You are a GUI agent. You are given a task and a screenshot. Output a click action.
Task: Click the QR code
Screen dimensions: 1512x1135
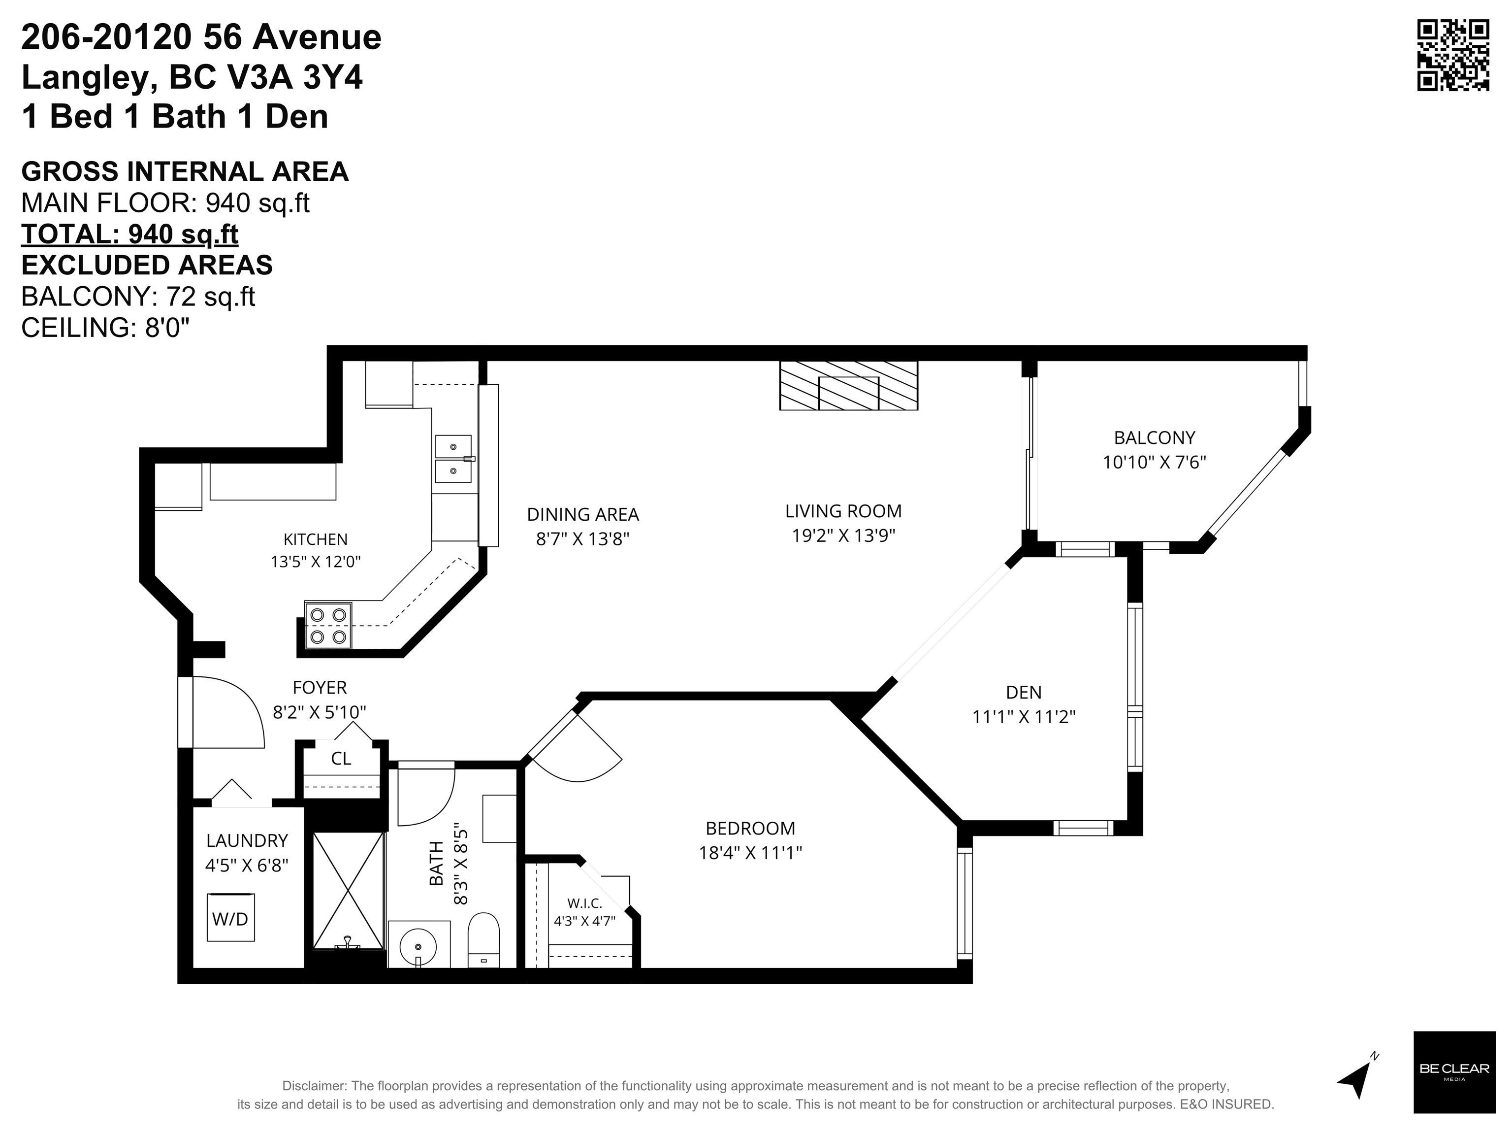[x=1452, y=55]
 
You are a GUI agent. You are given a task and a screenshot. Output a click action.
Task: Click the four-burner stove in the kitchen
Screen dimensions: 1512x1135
[x=327, y=626]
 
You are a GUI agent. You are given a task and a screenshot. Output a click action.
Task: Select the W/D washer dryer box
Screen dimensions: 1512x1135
[x=231, y=918]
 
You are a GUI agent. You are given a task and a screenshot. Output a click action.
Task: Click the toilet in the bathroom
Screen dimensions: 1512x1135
[x=483, y=939]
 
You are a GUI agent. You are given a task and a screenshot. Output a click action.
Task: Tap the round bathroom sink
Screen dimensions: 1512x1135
[x=418, y=944]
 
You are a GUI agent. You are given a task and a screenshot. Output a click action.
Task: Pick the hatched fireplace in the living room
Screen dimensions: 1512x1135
[x=848, y=386]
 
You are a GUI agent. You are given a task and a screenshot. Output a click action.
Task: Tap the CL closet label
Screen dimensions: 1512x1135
[x=341, y=758]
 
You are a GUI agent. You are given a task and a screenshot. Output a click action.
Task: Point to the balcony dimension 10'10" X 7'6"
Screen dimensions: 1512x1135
[x=1154, y=462]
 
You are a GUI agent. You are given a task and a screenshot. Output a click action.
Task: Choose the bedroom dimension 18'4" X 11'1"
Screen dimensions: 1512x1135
[x=750, y=853]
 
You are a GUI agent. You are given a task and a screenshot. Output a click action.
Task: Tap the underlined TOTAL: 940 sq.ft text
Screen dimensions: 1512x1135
[x=130, y=234]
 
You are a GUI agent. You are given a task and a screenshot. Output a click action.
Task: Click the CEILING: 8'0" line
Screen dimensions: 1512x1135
[x=105, y=328]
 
